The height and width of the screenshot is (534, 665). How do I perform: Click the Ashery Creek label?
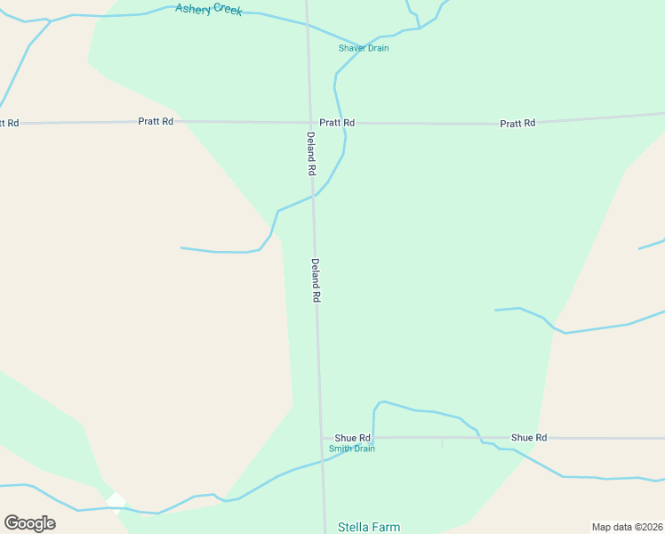209,10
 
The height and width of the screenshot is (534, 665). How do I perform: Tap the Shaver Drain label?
364,48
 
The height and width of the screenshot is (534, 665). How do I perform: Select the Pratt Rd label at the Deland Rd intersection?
337,123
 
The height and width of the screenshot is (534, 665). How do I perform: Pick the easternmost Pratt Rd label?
517,124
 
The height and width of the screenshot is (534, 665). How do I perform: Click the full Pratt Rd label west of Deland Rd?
156,121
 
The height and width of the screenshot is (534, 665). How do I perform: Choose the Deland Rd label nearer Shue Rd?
316,280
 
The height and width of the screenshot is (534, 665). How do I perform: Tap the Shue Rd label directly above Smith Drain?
352,438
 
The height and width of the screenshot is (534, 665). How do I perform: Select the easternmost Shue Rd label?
529,438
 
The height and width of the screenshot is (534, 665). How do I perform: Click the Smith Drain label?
352,449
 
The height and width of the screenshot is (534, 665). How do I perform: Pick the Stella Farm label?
369,527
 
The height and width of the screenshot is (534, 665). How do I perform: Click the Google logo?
29,522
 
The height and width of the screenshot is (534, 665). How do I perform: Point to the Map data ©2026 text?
627,527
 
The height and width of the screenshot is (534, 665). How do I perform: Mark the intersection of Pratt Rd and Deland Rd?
309,123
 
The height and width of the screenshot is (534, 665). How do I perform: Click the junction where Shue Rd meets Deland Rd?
322,438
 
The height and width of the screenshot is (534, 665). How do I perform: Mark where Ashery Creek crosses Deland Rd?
307,25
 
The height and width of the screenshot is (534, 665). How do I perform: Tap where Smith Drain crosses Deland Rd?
323,461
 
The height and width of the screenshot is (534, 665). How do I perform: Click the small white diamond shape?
116,502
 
